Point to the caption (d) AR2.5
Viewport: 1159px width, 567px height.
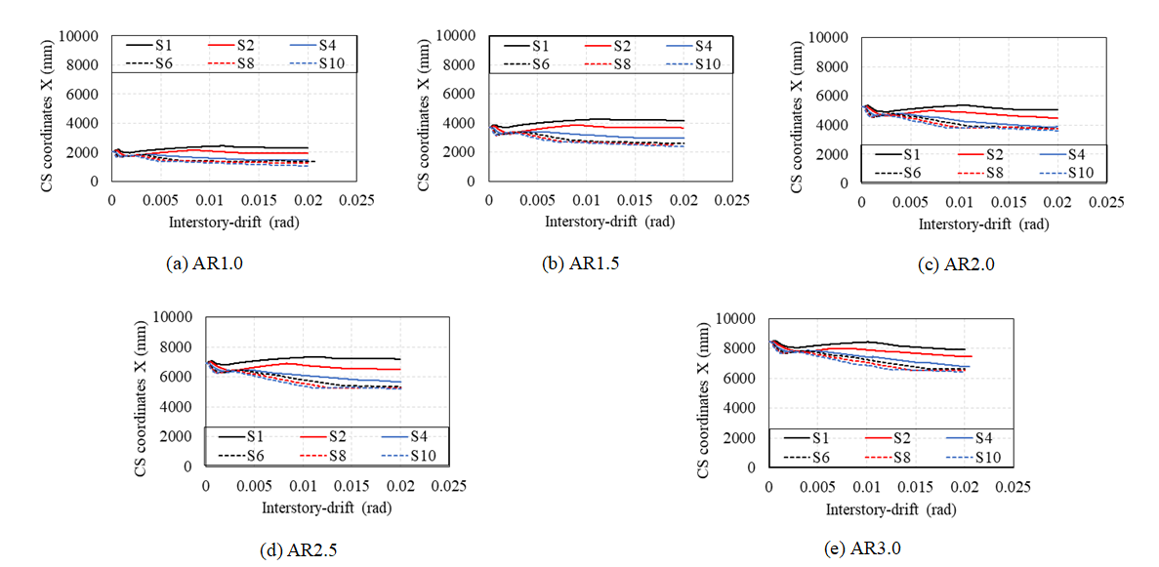(x=299, y=549)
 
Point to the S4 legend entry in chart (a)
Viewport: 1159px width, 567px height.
(x=321, y=45)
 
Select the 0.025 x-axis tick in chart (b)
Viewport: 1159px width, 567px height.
(x=731, y=200)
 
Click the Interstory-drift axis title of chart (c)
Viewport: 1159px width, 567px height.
(x=983, y=223)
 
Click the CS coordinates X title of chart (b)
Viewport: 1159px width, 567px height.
(x=426, y=107)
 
